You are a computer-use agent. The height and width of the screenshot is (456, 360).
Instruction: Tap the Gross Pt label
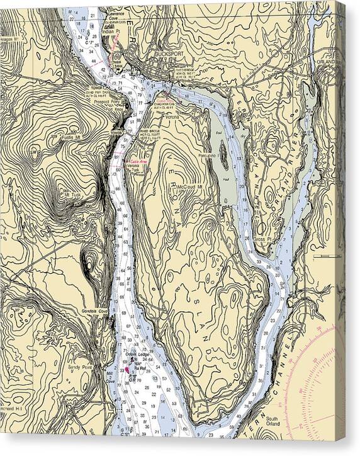point(261,239)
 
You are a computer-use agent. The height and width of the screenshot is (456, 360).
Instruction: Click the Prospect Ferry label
point(106,101)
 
